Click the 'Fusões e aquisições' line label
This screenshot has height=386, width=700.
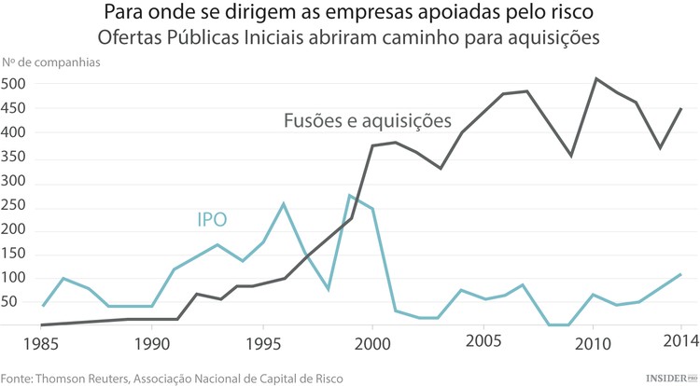[368, 121]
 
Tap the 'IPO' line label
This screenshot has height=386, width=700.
[212, 219]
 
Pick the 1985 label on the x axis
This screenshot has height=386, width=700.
[42, 342]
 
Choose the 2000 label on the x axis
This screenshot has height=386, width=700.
[371, 342]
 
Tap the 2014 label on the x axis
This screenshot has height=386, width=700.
[679, 342]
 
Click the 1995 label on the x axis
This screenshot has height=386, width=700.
[262, 342]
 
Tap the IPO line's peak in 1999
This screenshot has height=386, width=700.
[350, 195]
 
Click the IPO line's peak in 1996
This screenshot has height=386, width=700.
[284, 203]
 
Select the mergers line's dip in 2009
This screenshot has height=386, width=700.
[571, 156]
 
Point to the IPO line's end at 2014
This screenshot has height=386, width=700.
[680, 274]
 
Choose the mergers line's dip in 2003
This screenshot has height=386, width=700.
[441, 168]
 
